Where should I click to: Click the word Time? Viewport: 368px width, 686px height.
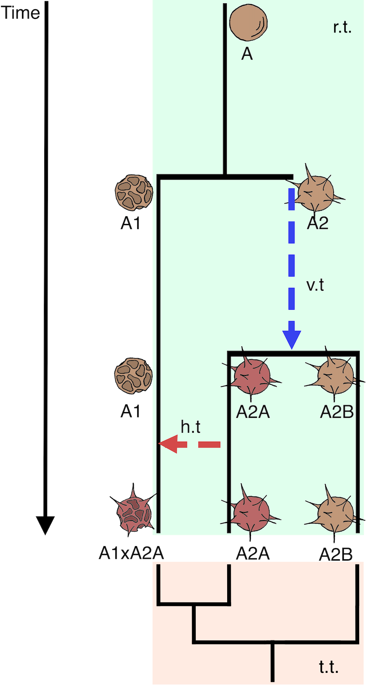tap(20, 13)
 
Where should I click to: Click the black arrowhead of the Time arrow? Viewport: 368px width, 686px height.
tap(45, 525)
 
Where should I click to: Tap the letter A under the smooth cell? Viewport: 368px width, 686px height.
tap(247, 54)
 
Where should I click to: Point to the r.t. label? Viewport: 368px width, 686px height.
tap(342, 27)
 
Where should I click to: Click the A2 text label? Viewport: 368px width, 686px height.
tap(318, 223)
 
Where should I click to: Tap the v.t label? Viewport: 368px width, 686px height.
tap(315, 285)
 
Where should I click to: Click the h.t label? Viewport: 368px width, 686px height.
tap(191, 427)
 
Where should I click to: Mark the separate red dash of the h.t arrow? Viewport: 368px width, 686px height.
tap(209, 445)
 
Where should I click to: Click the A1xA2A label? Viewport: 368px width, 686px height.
tap(131, 553)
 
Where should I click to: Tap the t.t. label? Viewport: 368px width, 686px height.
tap(328, 667)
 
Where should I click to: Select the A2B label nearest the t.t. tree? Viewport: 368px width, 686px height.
tap(336, 554)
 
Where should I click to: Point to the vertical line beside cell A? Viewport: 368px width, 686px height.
tap(225, 88)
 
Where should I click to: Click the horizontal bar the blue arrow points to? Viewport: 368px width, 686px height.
tap(293, 353)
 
